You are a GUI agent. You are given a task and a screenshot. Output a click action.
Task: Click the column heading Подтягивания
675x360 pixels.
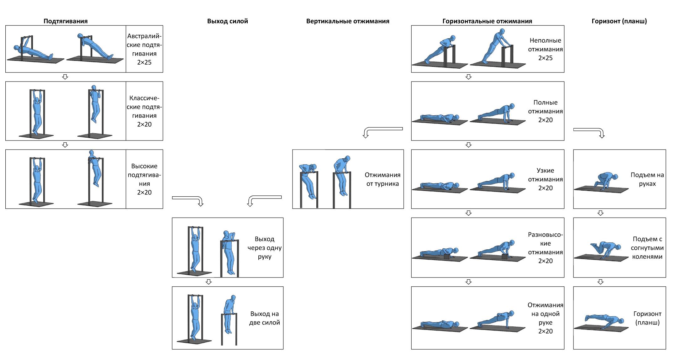tap(66, 21)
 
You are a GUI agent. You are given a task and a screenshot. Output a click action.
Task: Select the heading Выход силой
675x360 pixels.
tap(228, 21)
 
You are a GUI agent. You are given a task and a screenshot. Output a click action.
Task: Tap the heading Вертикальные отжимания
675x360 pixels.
tap(348, 21)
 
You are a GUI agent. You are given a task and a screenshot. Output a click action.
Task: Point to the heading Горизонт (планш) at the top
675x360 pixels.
tap(619, 21)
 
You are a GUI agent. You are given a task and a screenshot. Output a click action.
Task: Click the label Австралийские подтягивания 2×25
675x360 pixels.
tap(144, 49)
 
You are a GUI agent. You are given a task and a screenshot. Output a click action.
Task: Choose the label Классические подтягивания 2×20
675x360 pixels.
tap(144, 111)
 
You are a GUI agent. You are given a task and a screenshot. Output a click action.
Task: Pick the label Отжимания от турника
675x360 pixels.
tap(382, 179)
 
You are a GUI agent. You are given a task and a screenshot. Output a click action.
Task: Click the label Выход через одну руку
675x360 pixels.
tap(265, 248)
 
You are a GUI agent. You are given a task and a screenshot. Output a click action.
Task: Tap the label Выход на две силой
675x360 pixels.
tap(265, 318)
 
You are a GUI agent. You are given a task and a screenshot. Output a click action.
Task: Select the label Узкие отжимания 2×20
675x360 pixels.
tap(545, 179)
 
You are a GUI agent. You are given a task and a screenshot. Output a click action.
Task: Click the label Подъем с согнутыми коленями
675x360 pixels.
tap(647, 248)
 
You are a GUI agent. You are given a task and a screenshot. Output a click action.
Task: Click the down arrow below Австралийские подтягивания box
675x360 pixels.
tap(65, 77)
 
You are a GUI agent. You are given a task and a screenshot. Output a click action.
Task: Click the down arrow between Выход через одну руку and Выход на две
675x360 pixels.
tap(208, 282)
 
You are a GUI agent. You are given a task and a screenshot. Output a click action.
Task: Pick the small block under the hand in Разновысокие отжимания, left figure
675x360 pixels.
tap(447, 257)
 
